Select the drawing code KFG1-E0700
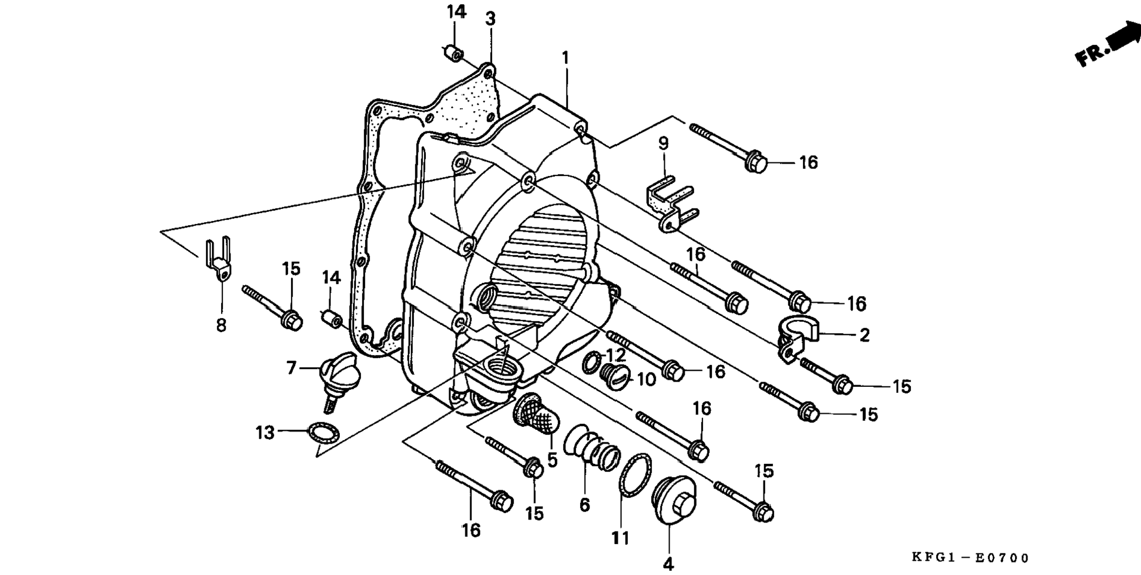970,558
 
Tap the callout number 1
565,58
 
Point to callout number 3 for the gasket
490,19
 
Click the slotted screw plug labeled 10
614,374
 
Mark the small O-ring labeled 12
591,362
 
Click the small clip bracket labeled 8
218,261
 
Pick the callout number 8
221,325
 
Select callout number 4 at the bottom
668,563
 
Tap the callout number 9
663,144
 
